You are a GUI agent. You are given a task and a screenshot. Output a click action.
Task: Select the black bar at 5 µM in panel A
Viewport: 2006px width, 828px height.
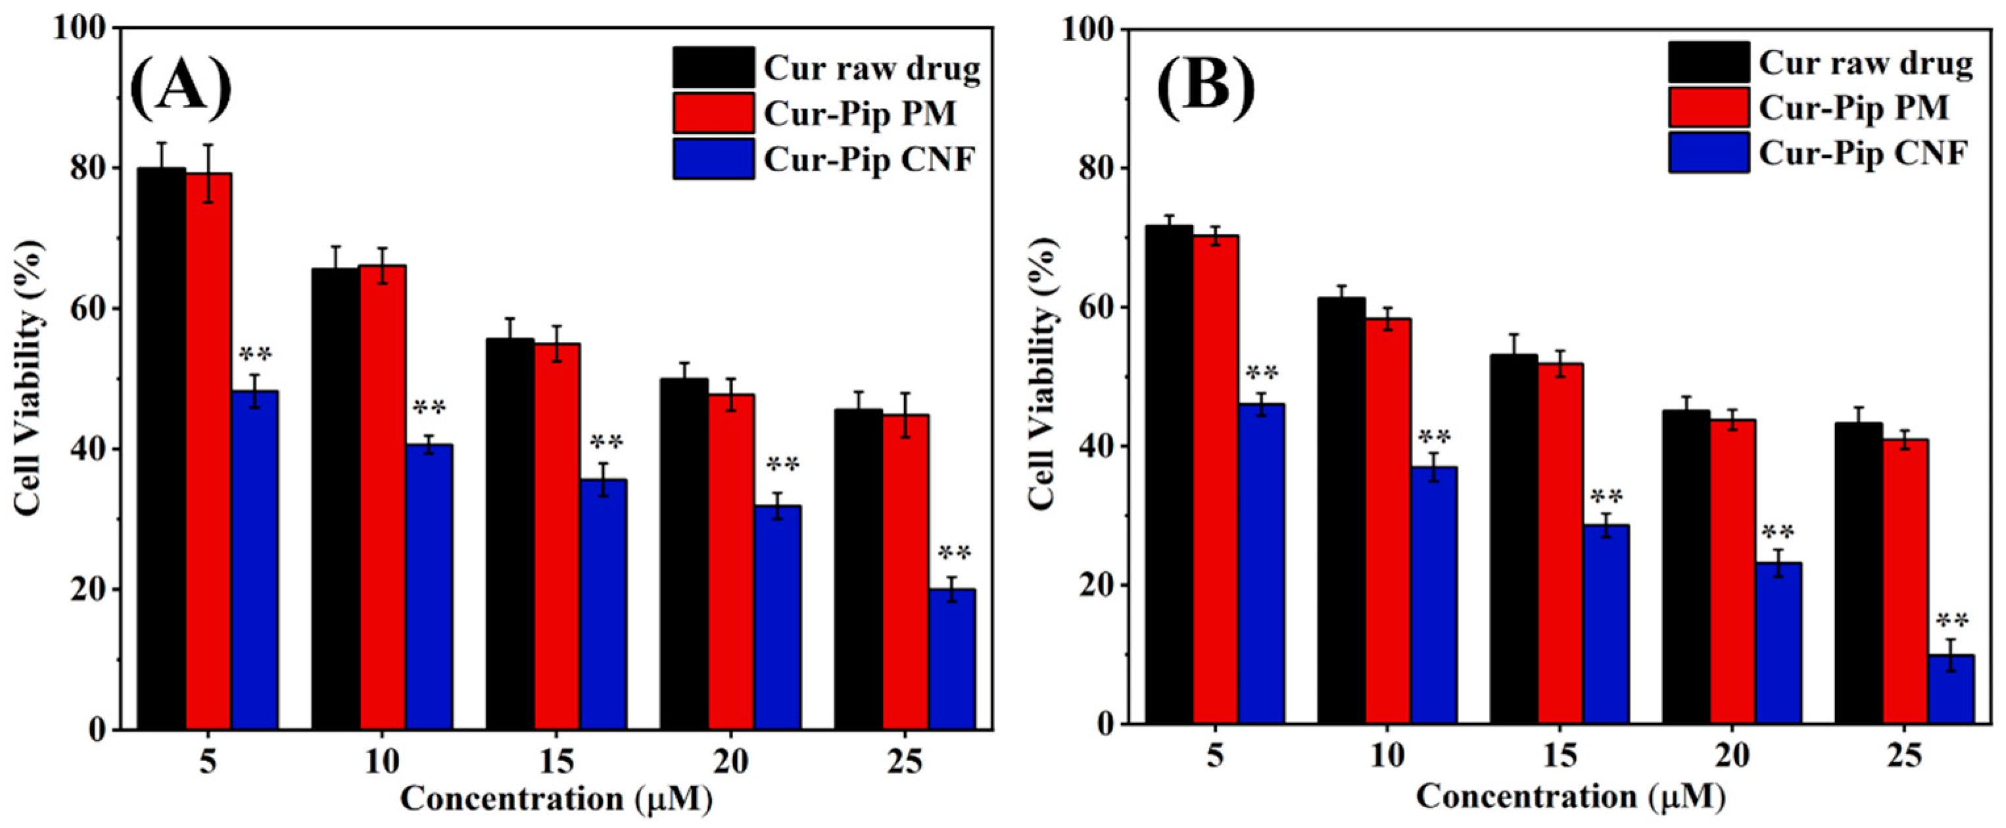coord(162,448)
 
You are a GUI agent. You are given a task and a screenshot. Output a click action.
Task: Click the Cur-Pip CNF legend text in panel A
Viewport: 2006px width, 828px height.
coord(869,160)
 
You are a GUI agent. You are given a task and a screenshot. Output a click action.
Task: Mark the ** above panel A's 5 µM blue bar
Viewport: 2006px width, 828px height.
coord(255,355)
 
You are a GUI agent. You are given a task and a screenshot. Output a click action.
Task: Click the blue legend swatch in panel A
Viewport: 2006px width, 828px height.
coord(713,159)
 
